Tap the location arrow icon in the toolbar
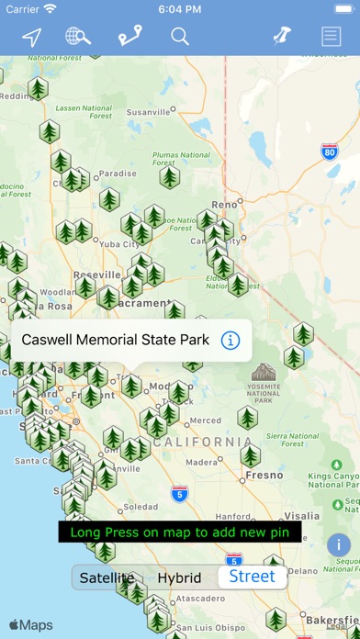click(x=32, y=37)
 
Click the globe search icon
click(x=78, y=37)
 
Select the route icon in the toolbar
click(x=129, y=37)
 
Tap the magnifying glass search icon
click(x=180, y=37)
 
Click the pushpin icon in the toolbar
click(x=281, y=37)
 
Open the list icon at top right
click(x=331, y=37)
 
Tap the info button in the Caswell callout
click(x=231, y=341)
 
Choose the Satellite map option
click(x=107, y=577)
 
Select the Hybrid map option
click(x=179, y=577)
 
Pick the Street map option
click(x=252, y=577)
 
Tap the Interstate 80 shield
click(x=329, y=151)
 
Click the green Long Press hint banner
click(x=180, y=532)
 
